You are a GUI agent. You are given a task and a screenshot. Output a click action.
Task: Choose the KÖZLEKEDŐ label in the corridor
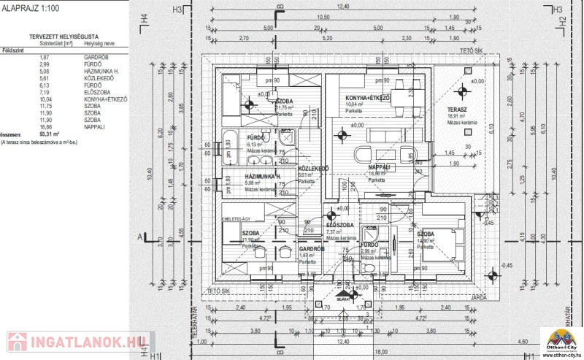click(x=313, y=168)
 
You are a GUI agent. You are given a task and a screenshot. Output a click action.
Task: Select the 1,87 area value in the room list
click(x=45, y=57)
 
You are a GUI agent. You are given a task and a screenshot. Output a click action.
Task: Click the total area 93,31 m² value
click(x=50, y=134)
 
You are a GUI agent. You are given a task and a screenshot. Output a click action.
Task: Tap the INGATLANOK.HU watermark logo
click(x=76, y=342)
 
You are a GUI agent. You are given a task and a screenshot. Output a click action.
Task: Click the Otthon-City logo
click(x=561, y=340)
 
